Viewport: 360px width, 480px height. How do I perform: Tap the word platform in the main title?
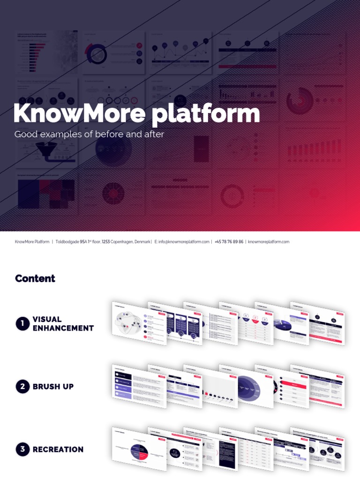click(x=206, y=114)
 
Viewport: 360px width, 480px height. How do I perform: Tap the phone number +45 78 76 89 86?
click(x=229, y=242)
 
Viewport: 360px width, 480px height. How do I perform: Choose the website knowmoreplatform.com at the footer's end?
click(x=269, y=242)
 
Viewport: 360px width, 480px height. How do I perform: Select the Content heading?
click(x=35, y=278)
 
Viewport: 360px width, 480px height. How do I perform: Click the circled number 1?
click(x=22, y=323)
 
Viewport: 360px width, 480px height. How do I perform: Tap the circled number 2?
click(x=22, y=387)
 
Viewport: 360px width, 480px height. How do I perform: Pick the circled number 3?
click(x=22, y=450)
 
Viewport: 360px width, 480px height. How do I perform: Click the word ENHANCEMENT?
click(x=63, y=328)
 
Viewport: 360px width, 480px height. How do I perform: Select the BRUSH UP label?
click(x=53, y=387)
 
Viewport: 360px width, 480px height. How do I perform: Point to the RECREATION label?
click(x=58, y=450)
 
